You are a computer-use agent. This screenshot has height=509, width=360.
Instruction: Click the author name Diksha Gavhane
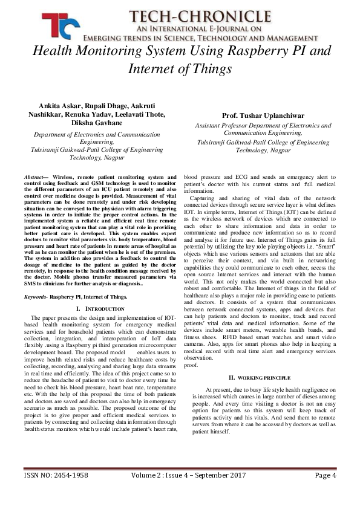coord(92,122)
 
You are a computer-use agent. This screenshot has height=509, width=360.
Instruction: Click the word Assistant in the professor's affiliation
coord(211,125)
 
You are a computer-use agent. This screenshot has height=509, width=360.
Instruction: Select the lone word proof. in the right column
coord(191,365)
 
